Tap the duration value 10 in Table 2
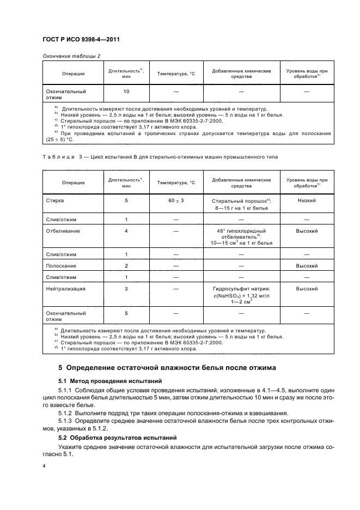(126, 92)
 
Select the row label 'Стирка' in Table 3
(55, 201)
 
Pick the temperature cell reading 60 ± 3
(176, 201)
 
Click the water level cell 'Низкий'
(307, 201)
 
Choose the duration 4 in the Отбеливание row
(126, 231)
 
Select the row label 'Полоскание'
(61, 266)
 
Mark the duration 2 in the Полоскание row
(126, 266)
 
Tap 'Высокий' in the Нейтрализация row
(307, 289)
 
